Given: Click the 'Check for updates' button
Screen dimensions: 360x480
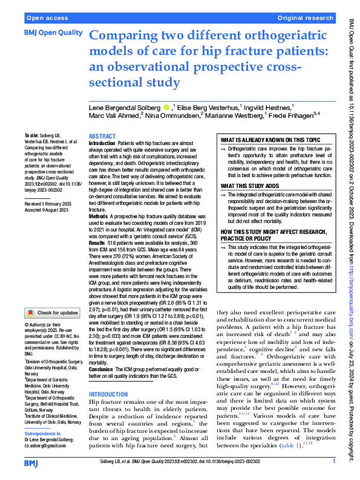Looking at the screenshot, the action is tap(51, 313).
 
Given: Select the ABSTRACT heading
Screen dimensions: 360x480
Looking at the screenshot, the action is tap(103, 137).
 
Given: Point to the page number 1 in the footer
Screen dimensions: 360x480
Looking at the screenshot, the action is tap(333, 461).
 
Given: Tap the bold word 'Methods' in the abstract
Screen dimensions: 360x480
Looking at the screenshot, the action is tap(100, 216).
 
